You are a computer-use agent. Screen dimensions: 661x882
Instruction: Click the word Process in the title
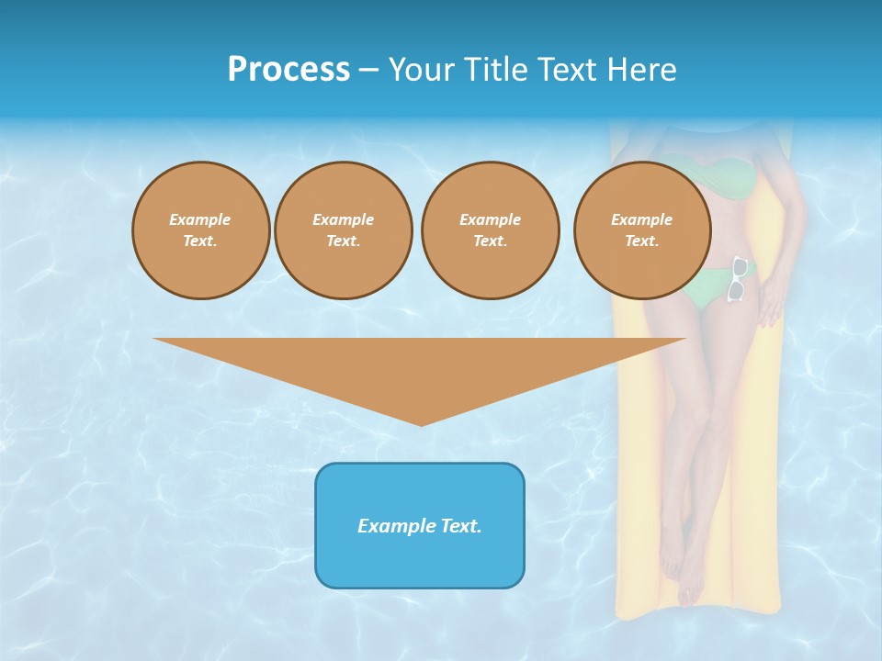pyautogui.click(x=288, y=70)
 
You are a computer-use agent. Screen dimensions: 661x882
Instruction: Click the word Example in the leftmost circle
pyautogui.click(x=200, y=219)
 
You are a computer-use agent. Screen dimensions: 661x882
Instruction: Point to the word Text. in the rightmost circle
pyautogui.click(x=642, y=241)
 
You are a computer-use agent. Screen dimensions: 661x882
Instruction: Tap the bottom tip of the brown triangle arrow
pyautogui.click(x=422, y=423)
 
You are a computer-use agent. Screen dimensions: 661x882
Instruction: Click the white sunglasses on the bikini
pyautogui.click(x=737, y=279)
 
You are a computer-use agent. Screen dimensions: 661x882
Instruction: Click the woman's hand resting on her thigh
pyautogui.click(x=772, y=303)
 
